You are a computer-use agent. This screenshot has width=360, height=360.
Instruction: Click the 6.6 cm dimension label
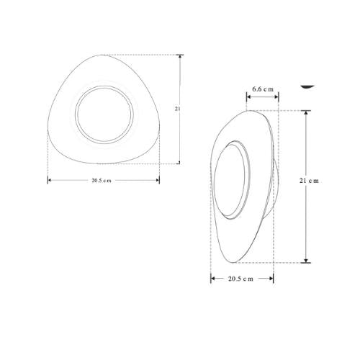click(263, 89)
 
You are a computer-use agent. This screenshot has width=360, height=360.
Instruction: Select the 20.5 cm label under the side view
click(240, 278)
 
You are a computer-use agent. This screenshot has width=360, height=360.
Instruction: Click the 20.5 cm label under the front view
click(102, 180)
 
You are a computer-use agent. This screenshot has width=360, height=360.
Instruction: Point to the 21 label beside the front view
click(177, 109)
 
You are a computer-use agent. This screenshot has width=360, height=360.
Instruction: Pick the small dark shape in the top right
click(308, 85)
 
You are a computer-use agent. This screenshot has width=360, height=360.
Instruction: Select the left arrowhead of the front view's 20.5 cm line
click(50, 180)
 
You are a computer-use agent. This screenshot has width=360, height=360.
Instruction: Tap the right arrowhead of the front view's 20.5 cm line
click(158, 180)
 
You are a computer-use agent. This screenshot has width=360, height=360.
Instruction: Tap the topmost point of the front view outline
click(108, 55)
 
